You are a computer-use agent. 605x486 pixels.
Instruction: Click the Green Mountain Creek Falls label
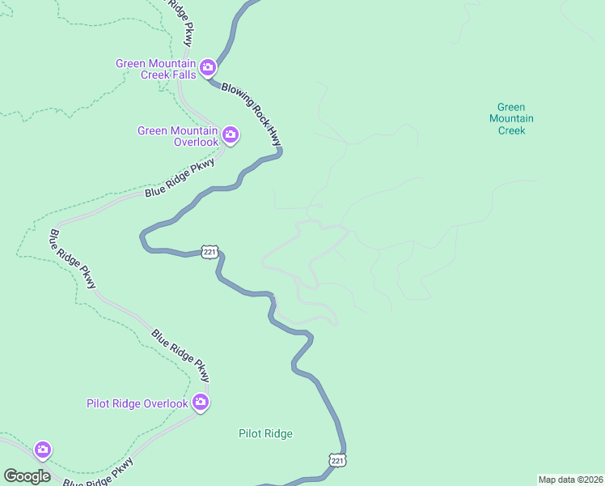(x=155, y=69)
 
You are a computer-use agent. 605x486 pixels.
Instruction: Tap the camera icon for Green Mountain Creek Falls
(x=208, y=66)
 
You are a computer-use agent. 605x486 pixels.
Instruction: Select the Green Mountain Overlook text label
(x=177, y=136)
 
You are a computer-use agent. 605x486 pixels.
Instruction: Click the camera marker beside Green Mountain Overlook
(x=230, y=134)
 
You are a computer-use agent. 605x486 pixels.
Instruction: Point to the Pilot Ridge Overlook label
(x=137, y=403)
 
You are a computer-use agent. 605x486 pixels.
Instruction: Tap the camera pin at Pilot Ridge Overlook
(x=201, y=402)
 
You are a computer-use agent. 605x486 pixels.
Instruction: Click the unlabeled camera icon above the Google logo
(x=42, y=449)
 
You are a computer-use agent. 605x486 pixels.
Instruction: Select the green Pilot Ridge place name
(x=265, y=433)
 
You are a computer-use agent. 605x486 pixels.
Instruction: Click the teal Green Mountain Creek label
(x=511, y=118)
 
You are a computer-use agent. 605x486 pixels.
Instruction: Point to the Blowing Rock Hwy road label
(x=252, y=113)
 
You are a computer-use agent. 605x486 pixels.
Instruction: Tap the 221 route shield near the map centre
(x=209, y=253)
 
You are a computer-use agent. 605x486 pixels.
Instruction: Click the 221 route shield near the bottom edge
(x=337, y=460)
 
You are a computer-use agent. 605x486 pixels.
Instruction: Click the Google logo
(x=27, y=476)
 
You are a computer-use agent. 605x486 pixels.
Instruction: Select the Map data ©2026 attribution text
(x=570, y=480)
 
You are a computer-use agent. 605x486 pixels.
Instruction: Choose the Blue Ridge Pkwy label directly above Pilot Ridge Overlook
(x=180, y=355)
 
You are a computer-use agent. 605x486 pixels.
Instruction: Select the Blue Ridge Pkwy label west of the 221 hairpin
(x=73, y=259)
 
